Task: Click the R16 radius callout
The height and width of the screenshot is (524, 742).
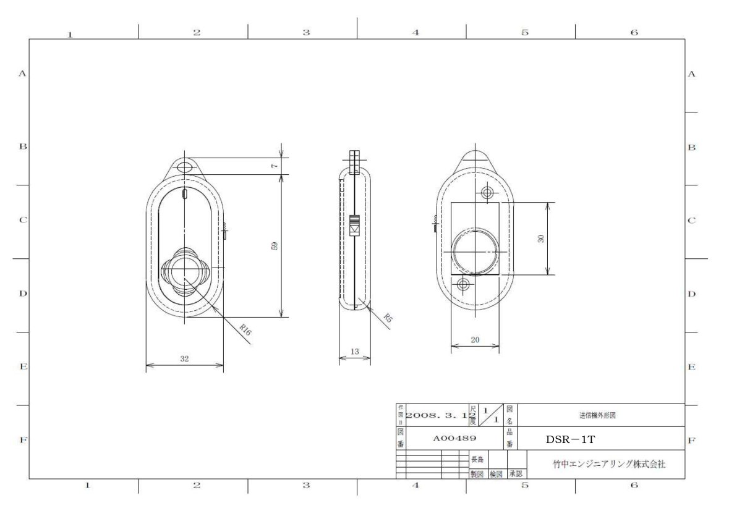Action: pyautogui.click(x=245, y=330)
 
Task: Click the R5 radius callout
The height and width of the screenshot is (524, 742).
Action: pyautogui.click(x=387, y=319)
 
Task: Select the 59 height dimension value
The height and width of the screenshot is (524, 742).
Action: pyautogui.click(x=275, y=245)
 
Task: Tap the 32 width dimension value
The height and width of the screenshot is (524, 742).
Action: pyautogui.click(x=184, y=358)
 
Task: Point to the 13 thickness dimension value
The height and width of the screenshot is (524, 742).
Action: pyautogui.click(x=354, y=352)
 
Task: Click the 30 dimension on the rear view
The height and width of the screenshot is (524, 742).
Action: pyautogui.click(x=540, y=239)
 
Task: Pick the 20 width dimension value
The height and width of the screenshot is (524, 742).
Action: pyautogui.click(x=475, y=339)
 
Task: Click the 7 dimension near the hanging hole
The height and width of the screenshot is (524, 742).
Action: pyautogui.click(x=275, y=166)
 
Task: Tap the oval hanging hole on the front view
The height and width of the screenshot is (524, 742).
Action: pyautogui.click(x=184, y=167)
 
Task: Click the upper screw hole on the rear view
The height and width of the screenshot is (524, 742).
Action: pyautogui.click(x=487, y=193)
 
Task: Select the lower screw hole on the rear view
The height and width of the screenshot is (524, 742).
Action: pyautogui.click(x=463, y=284)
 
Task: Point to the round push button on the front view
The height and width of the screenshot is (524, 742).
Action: pyautogui.click(x=184, y=271)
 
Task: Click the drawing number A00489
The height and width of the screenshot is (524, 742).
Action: pyautogui.click(x=454, y=438)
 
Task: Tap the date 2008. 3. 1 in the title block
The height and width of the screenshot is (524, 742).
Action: pyautogui.click(x=436, y=416)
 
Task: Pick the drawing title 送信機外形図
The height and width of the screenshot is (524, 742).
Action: pyautogui.click(x=597, y=416)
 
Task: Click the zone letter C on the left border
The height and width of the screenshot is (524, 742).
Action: pyautogui.click(x=22, y=220)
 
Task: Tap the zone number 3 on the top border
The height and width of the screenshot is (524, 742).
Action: pyautogui.click(x=305, y=32)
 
